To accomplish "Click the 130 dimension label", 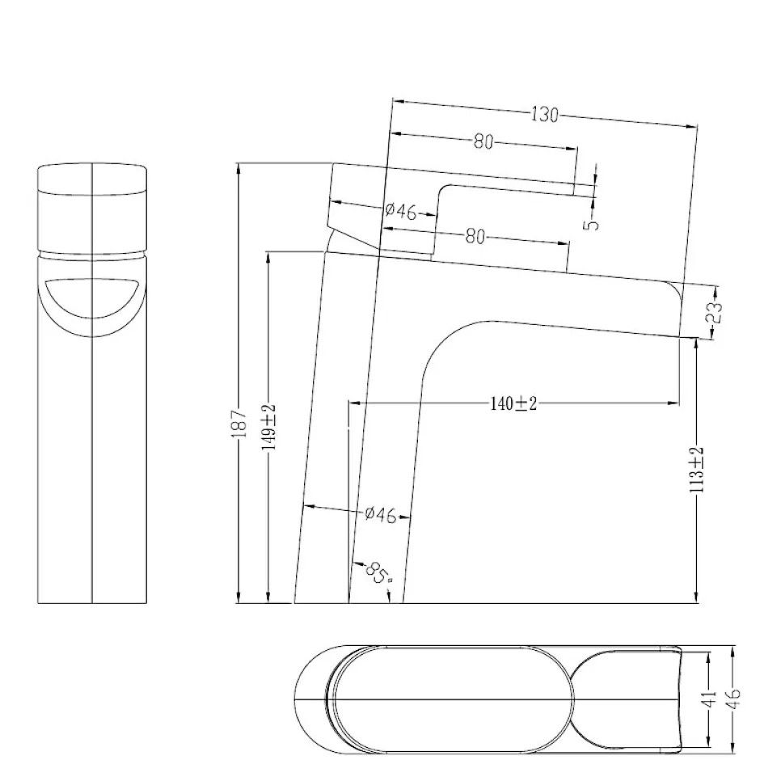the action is [545, 115].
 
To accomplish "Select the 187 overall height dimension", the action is [240, 424].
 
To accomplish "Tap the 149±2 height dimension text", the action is [268, 427].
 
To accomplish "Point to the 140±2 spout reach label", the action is [513, 403].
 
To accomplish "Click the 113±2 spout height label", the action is [696, 470].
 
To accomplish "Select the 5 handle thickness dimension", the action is [593, 225].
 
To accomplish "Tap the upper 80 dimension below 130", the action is [483, 141].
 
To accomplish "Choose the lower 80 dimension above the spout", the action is [475, 237].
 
